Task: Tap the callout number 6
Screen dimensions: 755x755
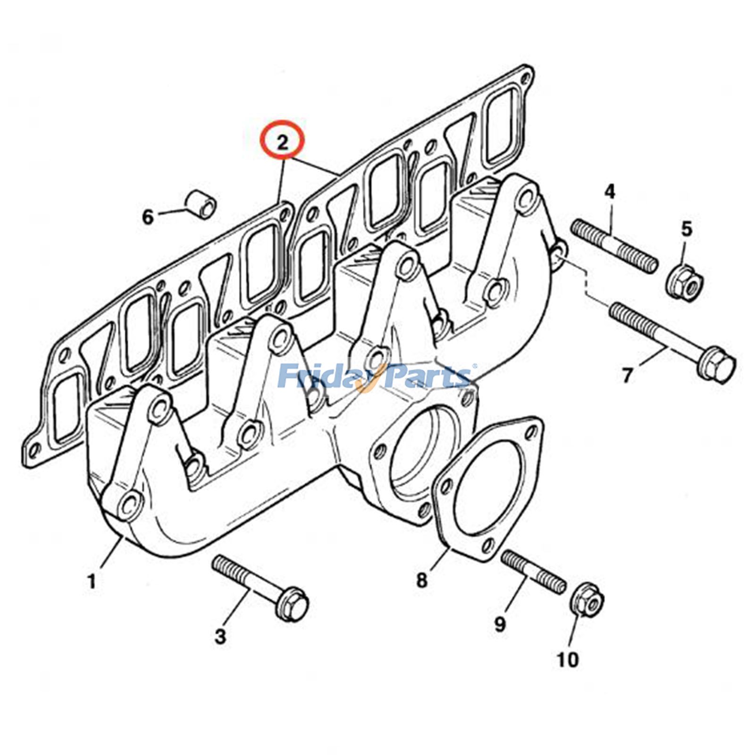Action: [x=148, y=218]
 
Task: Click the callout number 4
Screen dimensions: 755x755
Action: [x=610, y=192]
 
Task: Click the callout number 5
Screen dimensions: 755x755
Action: [x=686, y=229]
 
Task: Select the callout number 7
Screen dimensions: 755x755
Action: [x=627, y=376]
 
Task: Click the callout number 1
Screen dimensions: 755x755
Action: [x=92, y=581]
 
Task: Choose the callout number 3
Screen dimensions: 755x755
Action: [x=220, y=637]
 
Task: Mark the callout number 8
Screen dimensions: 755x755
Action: [x=421, y=579]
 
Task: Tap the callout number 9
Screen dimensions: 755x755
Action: [x=500, y=624]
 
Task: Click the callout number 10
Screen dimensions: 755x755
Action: [x=568, y=660]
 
